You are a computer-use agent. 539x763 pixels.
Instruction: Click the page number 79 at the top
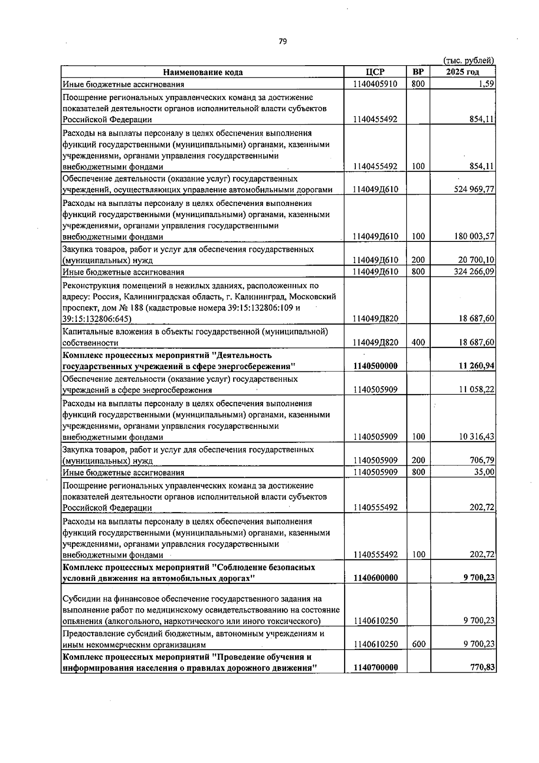283,41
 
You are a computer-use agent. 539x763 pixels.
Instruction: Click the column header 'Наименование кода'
203,72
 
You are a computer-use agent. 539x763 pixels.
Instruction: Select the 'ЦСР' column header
376,72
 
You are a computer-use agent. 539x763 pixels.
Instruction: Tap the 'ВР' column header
418,72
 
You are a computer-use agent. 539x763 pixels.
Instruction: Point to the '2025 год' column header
462,72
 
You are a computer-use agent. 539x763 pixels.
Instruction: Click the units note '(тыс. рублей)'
468,61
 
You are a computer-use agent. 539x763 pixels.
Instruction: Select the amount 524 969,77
474,190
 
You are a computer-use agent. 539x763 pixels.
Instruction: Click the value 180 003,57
474,236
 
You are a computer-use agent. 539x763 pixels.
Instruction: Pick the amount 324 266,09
474,272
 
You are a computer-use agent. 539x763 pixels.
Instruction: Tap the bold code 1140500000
376,366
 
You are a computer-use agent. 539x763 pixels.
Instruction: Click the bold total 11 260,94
476,366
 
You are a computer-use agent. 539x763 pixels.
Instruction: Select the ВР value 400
418,343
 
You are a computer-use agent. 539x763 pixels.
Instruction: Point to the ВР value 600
418,644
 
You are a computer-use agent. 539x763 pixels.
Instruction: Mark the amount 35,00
485,472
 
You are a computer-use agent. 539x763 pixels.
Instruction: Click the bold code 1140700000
376,668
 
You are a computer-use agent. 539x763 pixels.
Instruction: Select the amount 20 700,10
476,260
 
